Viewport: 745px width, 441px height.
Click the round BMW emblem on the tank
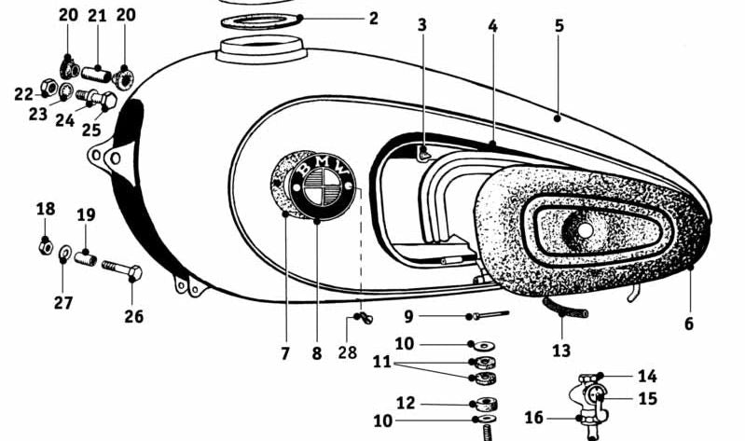pyautogui.click(x=323, y=187)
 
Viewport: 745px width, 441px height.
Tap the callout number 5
pyautogui.click(x=559, y=26)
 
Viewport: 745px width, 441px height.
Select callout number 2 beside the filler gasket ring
pyautogui.click(x=374, y=19)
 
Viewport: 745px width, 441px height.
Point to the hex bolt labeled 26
pyautogui.click(x=122, y=271)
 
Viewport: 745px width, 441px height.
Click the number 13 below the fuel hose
pyautogui.click(x=561, y=351)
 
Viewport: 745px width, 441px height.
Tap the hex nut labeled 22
pyautogui.click(x=48, y=87)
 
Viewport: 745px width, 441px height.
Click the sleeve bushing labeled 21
pyautogui.click(x=96, y=75)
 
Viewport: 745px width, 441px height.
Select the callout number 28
pyautogui.click(x=347, y=352)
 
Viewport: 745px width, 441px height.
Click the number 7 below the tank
pyautogui.click(x=285, y=353)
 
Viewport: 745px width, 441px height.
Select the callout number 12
pyautogui.click(x=406, y=403)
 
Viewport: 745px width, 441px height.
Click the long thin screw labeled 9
pyautogui.click(x=490, y=314)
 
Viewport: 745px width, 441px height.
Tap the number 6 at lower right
pyautogui.click(x=689, y=324)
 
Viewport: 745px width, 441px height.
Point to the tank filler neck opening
pyautogui.click(x=260, y=47)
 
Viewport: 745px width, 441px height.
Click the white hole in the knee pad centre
pyautogui.click(x=586, y=230)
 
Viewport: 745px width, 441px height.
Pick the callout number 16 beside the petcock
pyautogui.click(x=533, y=418)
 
